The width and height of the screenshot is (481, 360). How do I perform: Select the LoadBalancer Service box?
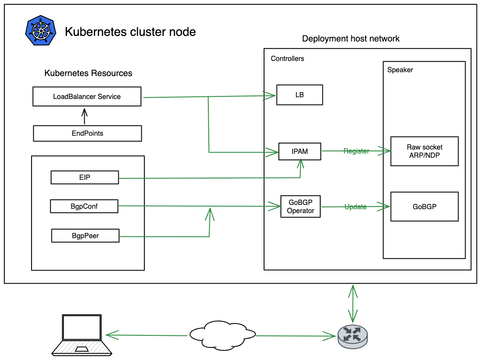tap(87, 96)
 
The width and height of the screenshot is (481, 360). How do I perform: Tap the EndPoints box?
tap(87, 133)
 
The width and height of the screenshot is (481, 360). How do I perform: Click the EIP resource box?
tap(85, 177)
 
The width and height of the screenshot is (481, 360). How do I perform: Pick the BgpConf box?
tap(84, 206)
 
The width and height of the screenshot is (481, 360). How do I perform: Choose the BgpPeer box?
tap(85, 236)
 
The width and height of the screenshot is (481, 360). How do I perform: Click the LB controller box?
tap(299, 95)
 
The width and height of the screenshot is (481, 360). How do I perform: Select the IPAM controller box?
tap(299, 151)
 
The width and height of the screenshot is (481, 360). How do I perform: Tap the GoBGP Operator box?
tap(300, 207)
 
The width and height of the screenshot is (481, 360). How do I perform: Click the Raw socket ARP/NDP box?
tap(424, 151)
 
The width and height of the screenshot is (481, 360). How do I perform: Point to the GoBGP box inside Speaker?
tap(424, 207)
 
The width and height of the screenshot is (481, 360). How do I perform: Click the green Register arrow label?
tap(356, 151)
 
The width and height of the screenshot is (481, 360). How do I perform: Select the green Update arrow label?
tap(355, 207)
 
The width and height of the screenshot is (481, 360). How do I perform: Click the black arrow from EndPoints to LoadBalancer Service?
tap(85, 116)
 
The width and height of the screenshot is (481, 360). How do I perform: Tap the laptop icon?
tap(82, 335)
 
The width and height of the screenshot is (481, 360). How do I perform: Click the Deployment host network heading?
tap(350, 39)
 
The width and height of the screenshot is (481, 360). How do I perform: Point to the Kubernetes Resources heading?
tap(88, 73)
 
